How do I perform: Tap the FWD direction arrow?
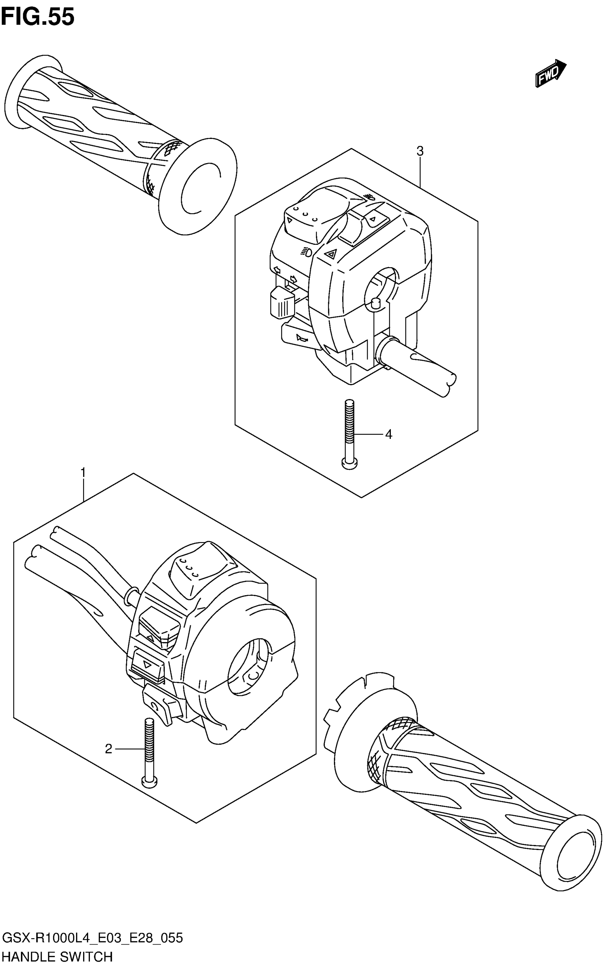pyautogui.click(x=550, y=74)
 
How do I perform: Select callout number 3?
pyautogui.click(x=420, y=151)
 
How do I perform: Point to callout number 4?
pyautogui.click(x=388, y=434)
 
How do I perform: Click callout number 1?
pyautogui.click(x=83, y=473)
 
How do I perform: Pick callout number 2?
pyautogui.click(x=109, y=749)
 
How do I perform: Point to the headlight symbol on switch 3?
pyautogui.click(x=306, y=251)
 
